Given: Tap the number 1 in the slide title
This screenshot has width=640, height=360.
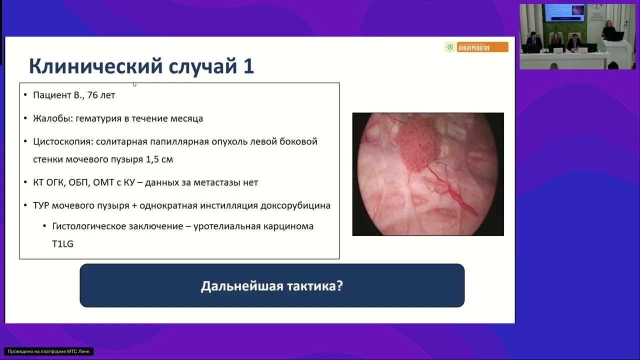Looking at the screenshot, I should (248, 66).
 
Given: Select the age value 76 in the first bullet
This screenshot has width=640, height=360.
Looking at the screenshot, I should (92, 95).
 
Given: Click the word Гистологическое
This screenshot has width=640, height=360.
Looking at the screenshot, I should (88, 226).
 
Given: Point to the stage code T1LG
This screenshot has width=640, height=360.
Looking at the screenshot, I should (62, 244).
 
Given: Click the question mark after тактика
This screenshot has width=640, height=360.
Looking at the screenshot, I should (340, 286).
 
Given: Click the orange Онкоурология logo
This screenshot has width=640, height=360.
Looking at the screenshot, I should (476, 47).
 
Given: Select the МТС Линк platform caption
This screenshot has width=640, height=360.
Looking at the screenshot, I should (48, 351).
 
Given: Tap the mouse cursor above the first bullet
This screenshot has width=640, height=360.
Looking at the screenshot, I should (134, 84).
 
